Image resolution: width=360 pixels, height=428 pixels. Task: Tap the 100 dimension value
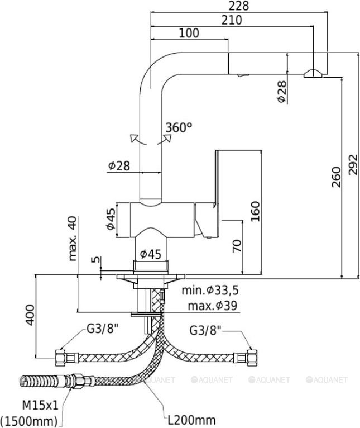(190, 33)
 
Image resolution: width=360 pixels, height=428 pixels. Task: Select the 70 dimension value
(237, 246)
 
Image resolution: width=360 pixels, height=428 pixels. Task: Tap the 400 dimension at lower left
(31, 315)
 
